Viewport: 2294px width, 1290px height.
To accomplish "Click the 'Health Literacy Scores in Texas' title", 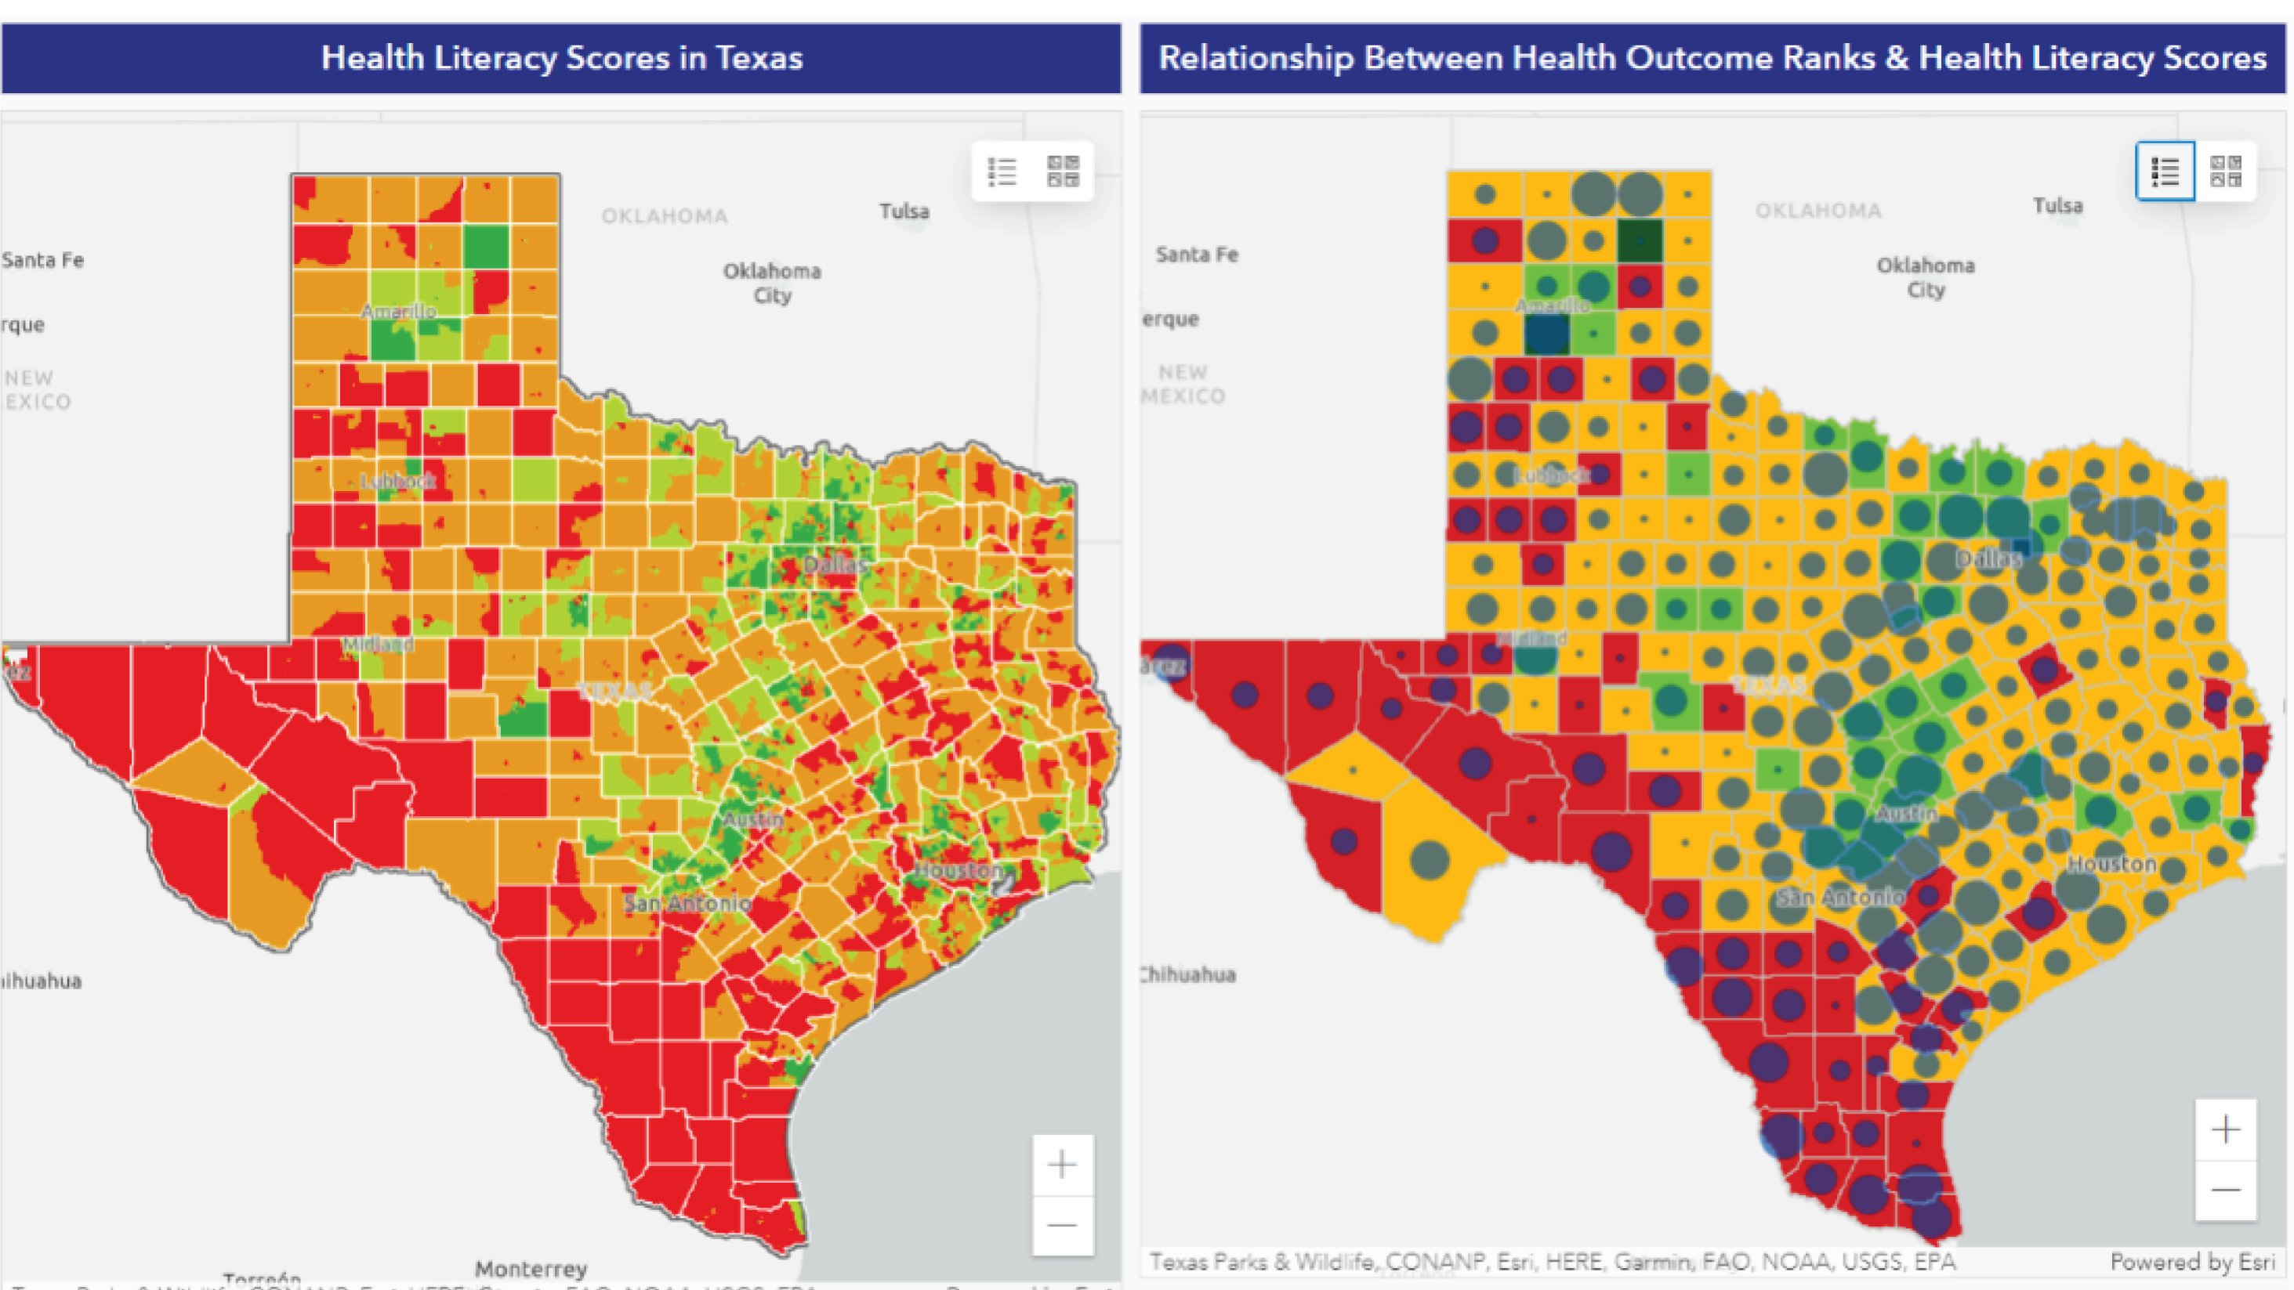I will (x=561, y=59).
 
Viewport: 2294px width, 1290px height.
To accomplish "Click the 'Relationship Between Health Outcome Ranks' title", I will (x=1712, y=59).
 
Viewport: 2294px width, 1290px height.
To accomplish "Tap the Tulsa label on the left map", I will (x=904, y=211).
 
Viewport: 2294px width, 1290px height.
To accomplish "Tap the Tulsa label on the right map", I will (x=2057, y=206).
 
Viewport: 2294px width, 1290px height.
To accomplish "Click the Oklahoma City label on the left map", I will (x=771, y=282).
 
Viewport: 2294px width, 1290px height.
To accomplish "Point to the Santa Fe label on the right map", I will (x=1196, y=255).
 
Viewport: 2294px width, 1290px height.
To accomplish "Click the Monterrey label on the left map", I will (x=531, y=1268).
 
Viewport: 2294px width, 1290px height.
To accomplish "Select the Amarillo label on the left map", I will (x=398, y=312).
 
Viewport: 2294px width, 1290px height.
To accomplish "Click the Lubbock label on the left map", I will (x=398, y=482).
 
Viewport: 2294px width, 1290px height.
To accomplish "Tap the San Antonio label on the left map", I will (x=687, y=904).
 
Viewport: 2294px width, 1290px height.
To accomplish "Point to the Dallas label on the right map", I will (x=1988, y=559).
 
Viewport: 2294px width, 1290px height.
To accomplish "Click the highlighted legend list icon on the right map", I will (x=2165, y=171).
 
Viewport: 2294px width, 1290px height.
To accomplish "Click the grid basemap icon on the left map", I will (x=1063, y=171).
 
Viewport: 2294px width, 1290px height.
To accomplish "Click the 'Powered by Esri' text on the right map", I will (x=2191, y=1262).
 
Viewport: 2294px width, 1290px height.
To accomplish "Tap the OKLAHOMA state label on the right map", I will (x=1817, y=211).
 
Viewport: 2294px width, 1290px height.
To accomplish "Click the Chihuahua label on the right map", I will (x=1189, y=974).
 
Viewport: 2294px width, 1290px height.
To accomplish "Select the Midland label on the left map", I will (x=378, y=644).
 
